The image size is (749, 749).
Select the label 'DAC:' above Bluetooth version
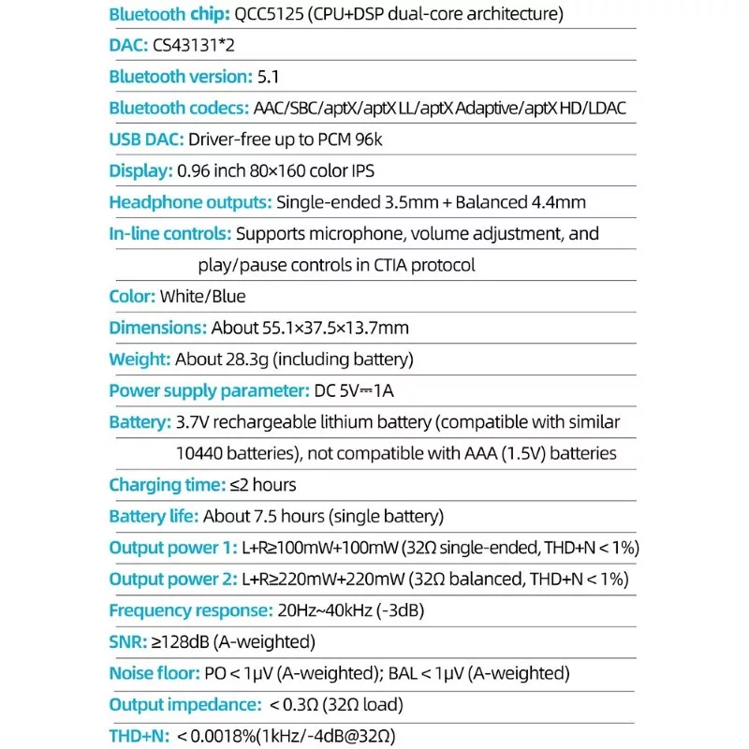coord(129,45)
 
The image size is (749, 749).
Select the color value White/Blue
coord(203,297)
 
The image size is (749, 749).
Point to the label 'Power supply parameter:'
coord(209,390)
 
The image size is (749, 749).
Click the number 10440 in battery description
coord(201,453)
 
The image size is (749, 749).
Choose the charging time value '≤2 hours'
coord(259,485)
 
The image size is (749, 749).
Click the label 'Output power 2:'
coord(173,579)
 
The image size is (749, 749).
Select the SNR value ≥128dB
coord(182,641)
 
